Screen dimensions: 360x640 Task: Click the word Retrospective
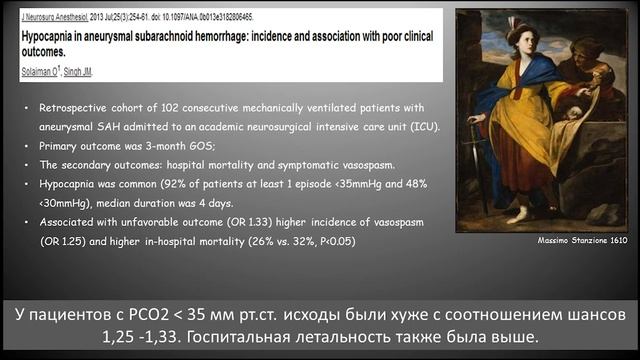click(x=71, y=107)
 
